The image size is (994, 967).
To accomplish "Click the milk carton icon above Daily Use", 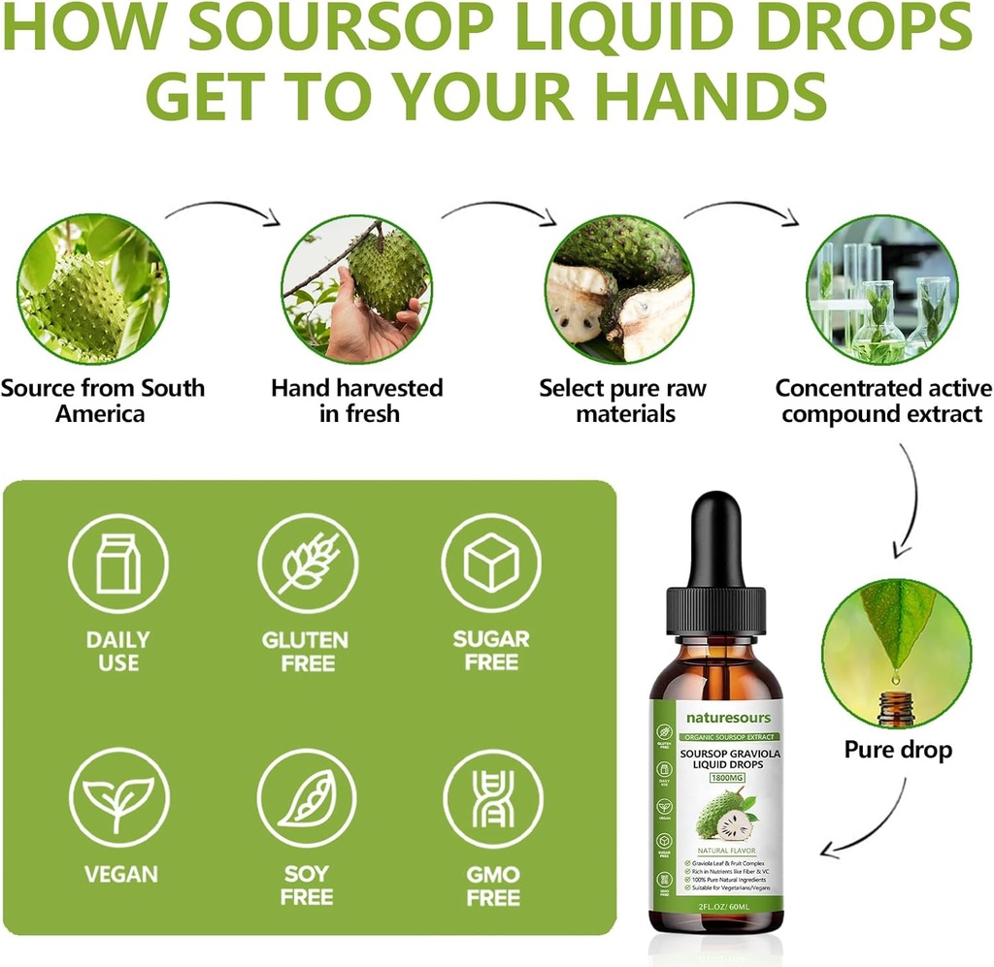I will click(x=117, y=564).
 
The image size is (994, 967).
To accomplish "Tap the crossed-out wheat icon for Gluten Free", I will click(x=308, y=564).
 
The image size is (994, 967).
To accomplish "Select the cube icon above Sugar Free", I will click(x=491, y=564).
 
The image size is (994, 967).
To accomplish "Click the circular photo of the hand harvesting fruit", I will click(x=356, y=290).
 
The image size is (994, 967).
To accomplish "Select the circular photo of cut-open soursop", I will click(x=619, y=290).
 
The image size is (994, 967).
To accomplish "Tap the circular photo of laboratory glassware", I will click(x=882, y=290).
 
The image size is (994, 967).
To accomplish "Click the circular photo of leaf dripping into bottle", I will click(x=896, y=653).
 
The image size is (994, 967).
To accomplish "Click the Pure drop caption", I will click(x=898, y=750).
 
